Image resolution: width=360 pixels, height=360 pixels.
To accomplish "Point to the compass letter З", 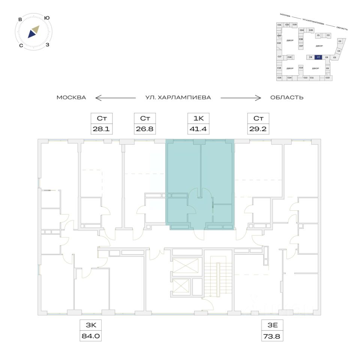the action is pos(48,45).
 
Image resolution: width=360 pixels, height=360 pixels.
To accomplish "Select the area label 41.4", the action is pos(198,130).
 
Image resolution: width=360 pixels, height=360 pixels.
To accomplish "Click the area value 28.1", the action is pos(102,130).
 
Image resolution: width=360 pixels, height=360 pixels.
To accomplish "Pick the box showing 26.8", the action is pos(145,130).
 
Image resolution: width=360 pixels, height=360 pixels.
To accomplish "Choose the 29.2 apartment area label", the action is pos(258,130).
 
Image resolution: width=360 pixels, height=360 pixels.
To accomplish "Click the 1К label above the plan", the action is pos(198,119).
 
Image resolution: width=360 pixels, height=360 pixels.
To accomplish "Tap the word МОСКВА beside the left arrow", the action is pos(71,97).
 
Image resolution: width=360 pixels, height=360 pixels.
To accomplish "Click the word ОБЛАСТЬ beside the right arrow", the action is pos(286,97).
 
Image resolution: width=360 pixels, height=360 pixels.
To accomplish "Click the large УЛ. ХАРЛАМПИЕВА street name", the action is pos(178,97).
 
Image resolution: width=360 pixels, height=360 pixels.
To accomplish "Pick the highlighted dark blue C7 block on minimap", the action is pos(318,57).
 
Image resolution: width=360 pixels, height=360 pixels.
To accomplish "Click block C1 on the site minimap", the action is pos(318,35).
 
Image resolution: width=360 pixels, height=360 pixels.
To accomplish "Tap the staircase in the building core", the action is pos(218,276).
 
